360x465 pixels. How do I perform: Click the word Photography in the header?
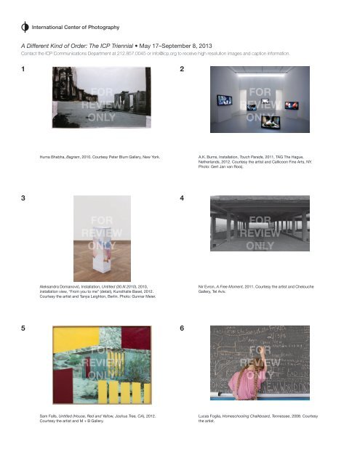[x=98, y=28]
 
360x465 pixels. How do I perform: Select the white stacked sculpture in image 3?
[x=100, y=246]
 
